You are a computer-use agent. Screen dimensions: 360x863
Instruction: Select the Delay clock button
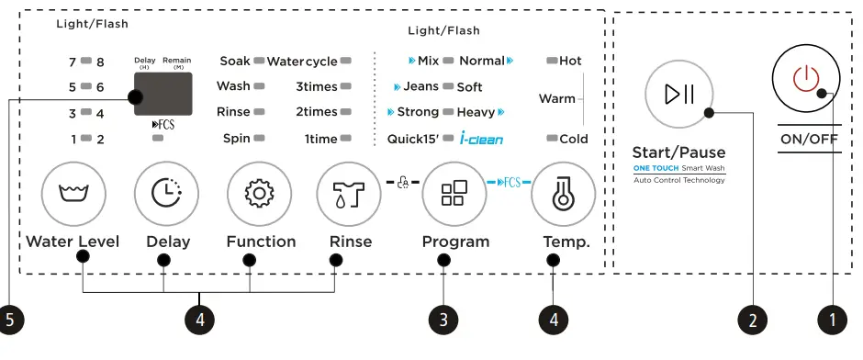point(166,194)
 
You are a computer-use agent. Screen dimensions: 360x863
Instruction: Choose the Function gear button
point(260,194)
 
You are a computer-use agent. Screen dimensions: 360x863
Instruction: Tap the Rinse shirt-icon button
point(349,194)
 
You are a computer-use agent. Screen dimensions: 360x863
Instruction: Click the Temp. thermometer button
point(563,194)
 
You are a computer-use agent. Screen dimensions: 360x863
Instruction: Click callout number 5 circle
point(11,320)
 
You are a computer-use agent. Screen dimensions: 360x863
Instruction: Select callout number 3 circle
point(443,320)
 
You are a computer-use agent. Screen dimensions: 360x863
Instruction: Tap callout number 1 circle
point(832,320)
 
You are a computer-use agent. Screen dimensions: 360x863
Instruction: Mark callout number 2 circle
point(753,320)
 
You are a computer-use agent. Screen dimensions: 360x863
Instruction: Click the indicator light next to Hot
point(552,61)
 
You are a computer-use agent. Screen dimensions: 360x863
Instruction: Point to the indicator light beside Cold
point(552,139)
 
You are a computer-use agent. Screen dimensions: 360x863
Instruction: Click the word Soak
point(235,61)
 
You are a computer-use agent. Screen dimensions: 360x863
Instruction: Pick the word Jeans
point(420,86)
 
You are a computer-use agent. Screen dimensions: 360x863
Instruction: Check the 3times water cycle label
point(317,86)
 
